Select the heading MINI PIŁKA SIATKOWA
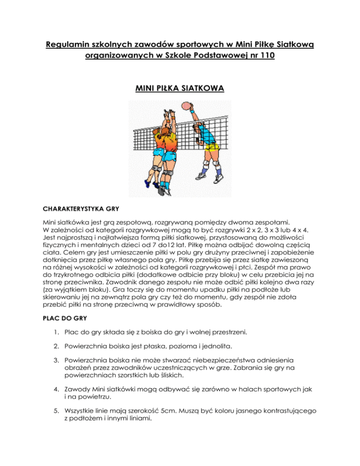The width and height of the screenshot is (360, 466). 180,87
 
